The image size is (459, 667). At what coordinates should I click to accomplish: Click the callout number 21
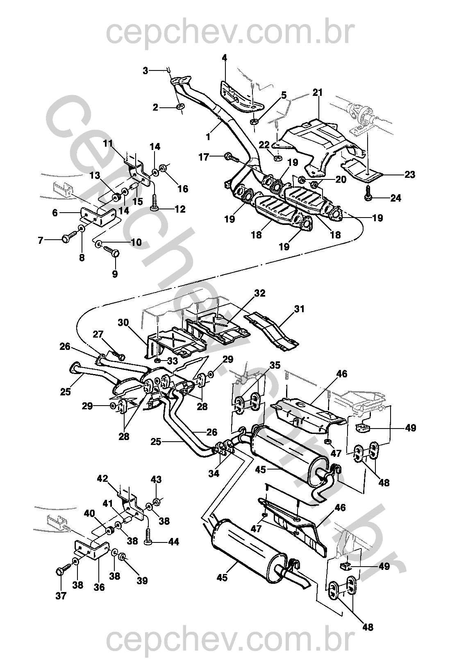click(x=318, y=92)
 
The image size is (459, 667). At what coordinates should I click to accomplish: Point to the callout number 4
click(x=224, y=58)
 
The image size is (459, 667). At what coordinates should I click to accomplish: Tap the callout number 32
click(x=260, y=293)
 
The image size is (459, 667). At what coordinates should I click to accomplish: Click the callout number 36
click(x=99, y=587)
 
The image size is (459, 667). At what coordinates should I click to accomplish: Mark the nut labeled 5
click(x=254, y=122)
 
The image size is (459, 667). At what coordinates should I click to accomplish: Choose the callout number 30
click(x=123, y=323)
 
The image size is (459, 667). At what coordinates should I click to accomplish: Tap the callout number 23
click(x=409, y=175)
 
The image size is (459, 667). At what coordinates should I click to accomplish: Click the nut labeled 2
click(x=180, y=106)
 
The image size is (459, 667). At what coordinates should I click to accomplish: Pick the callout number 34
click(x=214, y=474)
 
